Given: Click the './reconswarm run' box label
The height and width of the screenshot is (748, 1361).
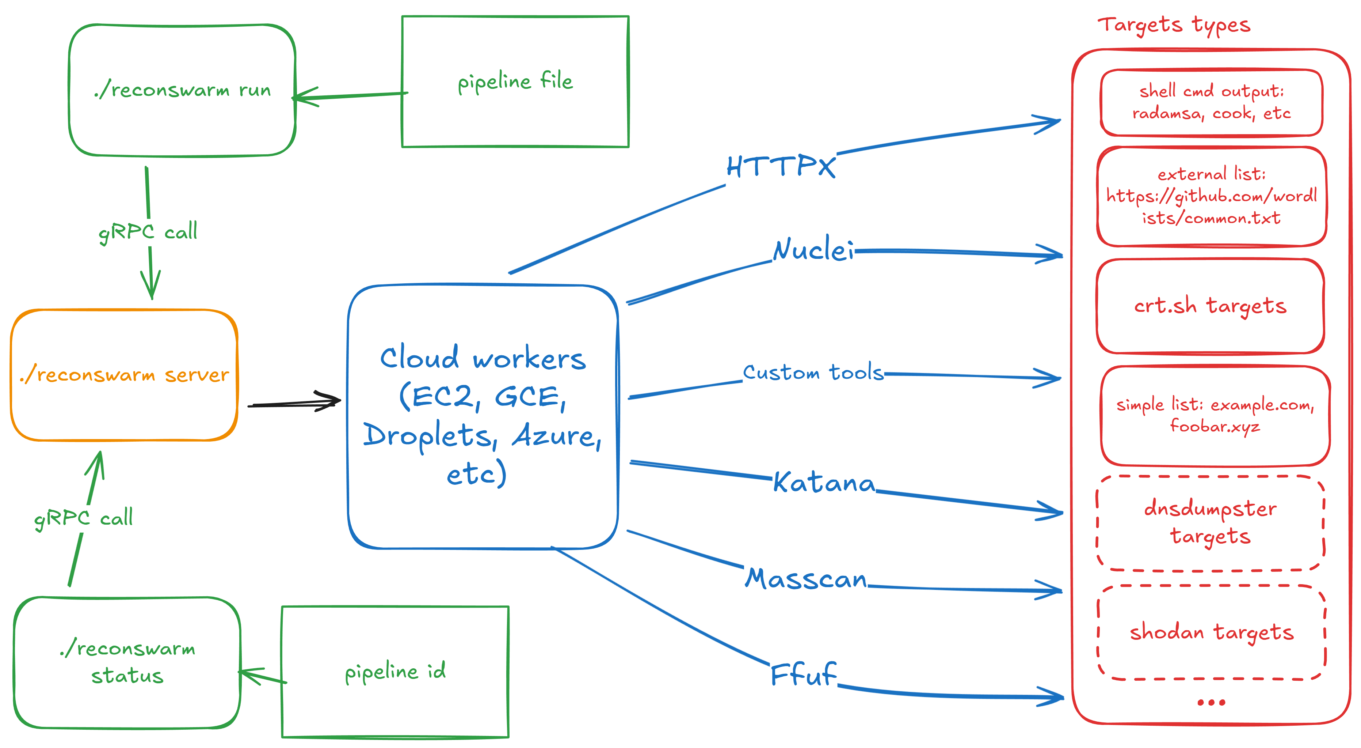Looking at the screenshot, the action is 182,90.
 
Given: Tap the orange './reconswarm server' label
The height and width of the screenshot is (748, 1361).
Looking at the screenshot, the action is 124,374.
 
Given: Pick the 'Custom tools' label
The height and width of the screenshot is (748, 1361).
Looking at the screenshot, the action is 813,372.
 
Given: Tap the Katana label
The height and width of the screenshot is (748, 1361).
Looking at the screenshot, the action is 824,482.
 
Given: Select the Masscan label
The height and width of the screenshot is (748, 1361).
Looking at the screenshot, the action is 806,578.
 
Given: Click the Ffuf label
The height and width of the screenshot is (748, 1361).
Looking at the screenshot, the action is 804,674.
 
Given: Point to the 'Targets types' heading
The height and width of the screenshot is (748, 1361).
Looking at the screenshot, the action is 1174,25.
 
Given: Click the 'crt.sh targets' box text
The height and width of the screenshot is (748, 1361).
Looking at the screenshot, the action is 1210,306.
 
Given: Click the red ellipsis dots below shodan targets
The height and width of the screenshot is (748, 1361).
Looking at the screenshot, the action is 1211,703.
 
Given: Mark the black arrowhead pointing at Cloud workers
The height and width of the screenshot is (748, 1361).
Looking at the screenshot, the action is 330,401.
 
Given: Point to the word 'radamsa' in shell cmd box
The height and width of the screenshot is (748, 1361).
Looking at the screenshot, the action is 1167,113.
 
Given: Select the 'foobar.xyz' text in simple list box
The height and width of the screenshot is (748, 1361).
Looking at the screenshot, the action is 1215,426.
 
